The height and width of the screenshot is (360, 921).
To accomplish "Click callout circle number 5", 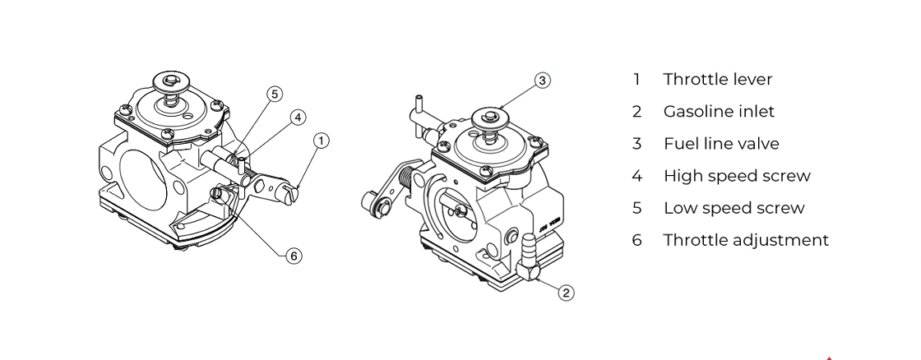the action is pos(275,94).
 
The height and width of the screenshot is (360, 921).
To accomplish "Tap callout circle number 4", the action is pos(299,118).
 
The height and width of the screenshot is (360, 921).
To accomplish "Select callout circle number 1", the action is pos(322,141).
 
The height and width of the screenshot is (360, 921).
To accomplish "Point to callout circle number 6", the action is pos(294,256).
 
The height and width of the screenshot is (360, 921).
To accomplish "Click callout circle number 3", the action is pos(543,81).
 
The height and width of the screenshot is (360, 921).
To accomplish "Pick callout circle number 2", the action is pos(566,293).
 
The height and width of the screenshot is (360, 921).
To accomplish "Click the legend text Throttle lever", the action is pos(718,79).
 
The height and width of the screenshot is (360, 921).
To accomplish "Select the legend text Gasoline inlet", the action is pos(719,111).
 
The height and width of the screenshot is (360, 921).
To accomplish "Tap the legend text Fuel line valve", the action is pos(721,143).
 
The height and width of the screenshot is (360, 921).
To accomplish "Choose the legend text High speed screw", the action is pos(737,176).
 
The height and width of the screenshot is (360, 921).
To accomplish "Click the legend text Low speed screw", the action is pos(734,208).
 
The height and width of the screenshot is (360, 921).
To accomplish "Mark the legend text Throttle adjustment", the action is pos(746,240).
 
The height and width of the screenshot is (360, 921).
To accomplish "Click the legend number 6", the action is pos(637,240).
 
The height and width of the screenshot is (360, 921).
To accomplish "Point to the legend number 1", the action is pos(636,79).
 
